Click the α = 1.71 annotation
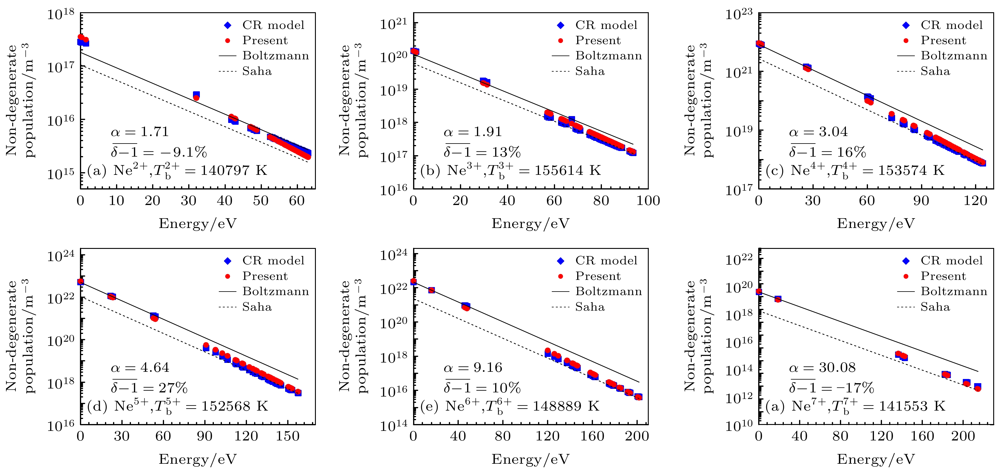point(140,132)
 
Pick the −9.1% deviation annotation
point(159,152)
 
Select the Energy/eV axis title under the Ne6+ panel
point(530,459)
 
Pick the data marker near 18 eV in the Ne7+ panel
point(778,299)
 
